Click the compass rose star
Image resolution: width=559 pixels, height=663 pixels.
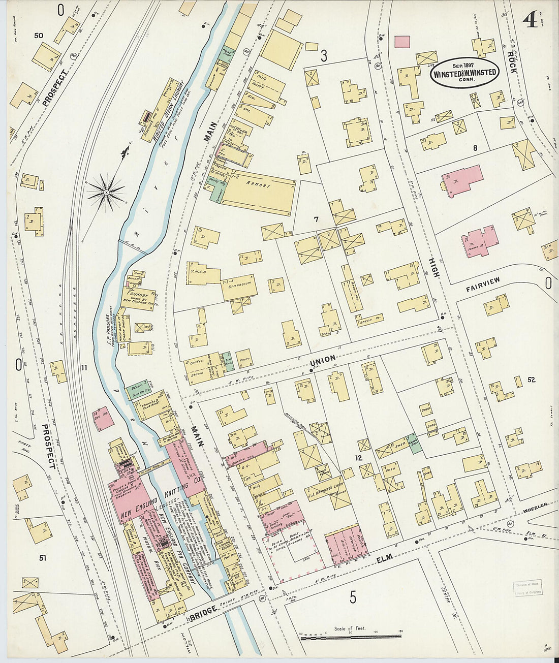106,192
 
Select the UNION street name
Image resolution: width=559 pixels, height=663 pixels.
322,359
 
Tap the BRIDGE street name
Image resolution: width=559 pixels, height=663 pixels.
202,614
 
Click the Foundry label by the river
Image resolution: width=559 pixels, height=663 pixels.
138,294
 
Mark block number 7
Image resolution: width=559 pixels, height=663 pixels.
316,219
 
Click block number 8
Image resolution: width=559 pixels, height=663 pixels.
475,148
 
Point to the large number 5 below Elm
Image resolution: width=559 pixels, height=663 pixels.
352,597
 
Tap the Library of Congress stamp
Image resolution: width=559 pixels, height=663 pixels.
527,588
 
